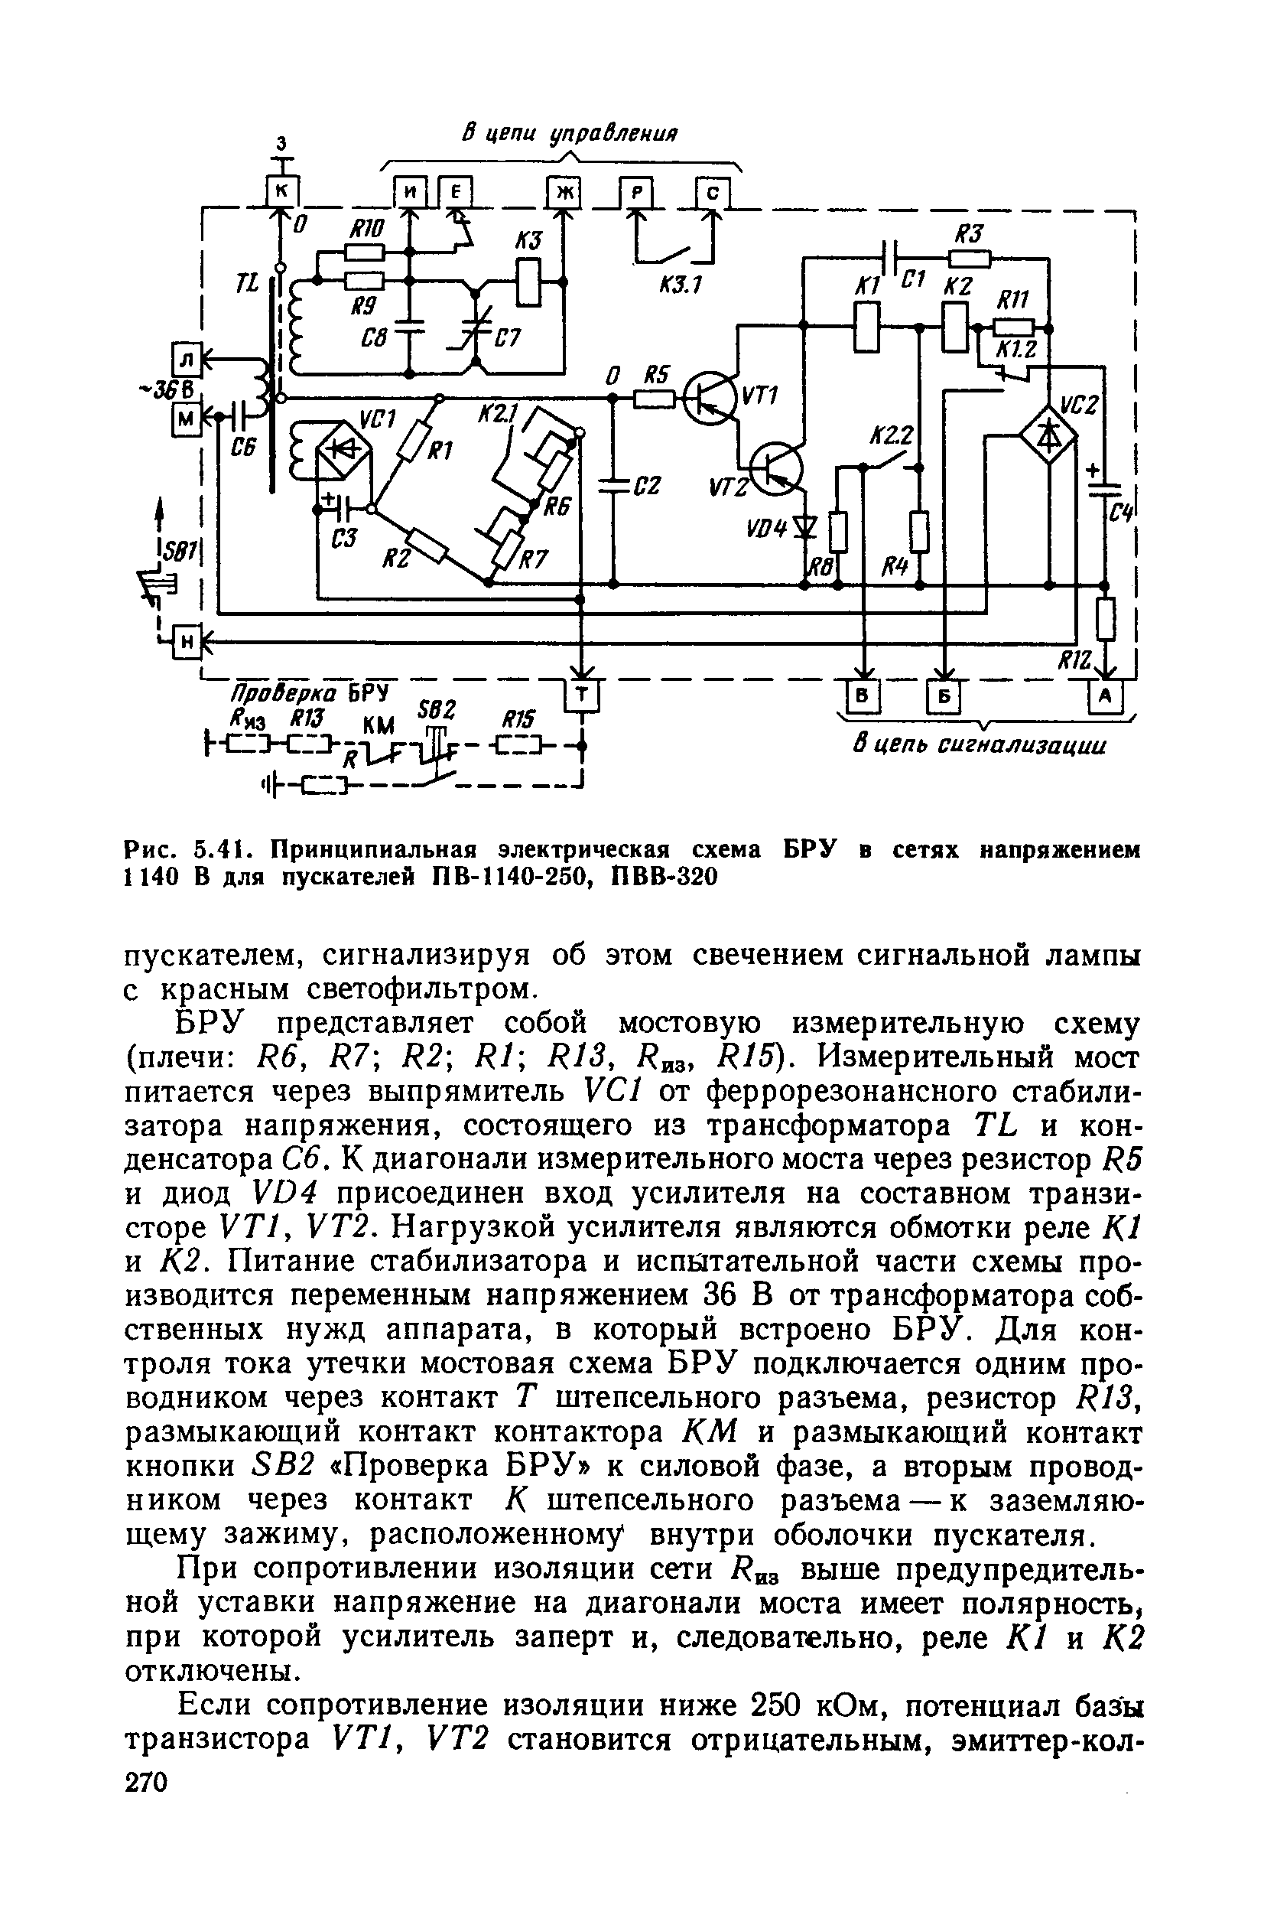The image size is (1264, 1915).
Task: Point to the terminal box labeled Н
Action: click(187, 642)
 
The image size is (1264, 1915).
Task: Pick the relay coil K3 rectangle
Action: click(528, 282)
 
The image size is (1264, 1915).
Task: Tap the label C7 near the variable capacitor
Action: click(507, 339)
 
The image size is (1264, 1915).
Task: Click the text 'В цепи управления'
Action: click(569, 133)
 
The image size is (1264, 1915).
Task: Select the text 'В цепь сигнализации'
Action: click(979, 745)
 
